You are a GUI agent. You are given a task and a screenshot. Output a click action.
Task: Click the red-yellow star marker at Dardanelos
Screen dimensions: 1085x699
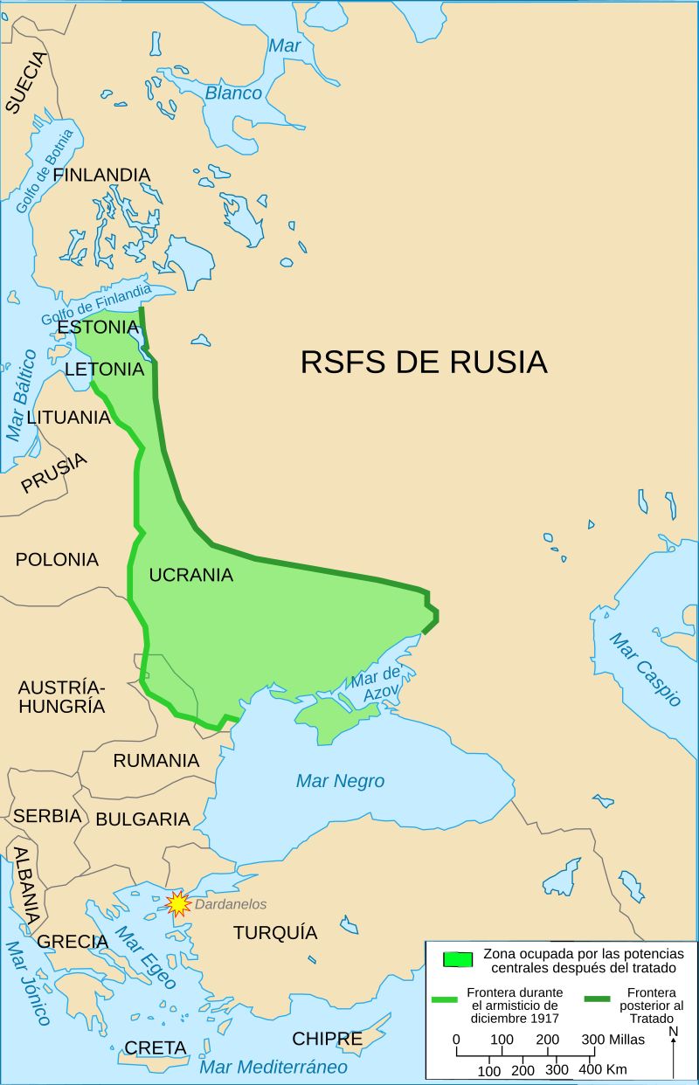click(x=178, y=903)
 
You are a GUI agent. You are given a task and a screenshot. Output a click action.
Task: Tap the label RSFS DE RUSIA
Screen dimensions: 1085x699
click(x=424, y=362)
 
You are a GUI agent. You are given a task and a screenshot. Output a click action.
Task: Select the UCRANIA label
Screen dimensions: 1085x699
click(x=190, y=575)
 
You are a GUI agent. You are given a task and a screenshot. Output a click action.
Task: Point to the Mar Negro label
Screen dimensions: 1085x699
click(x=340, y=781)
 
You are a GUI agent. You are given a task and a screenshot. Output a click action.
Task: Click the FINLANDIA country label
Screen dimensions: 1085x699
click(x=101, y=175)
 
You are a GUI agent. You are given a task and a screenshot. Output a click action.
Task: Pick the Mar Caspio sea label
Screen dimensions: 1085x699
click(x=645, y=670)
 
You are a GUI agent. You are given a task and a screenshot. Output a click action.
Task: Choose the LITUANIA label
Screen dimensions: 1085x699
click(x=69, y=418)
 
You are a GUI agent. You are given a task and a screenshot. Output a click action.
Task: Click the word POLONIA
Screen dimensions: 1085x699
click(x=57, y=559)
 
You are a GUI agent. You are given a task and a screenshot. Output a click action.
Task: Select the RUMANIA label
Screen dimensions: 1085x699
click(x=156, y=761)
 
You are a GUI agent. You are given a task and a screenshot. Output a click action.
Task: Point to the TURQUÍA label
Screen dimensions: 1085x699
click(x=274, y=933)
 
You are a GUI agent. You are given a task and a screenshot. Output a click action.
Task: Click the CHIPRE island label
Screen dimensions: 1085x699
click(x=327, y=1039)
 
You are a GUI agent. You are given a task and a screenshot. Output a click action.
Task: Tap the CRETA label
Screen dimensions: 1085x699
click(x=156, y=1047)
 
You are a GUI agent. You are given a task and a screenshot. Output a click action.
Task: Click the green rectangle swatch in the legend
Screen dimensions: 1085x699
click(x=459, y=958)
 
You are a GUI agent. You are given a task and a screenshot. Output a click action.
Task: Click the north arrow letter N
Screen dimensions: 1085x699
click(x=674, y=1032)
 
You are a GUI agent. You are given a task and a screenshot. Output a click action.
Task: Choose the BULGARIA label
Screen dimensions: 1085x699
click(x=142, y=819)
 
